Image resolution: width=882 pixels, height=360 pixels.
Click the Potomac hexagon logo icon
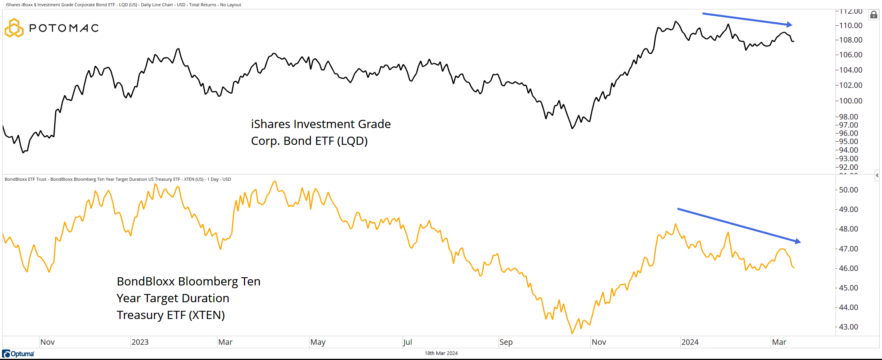click(14, 28)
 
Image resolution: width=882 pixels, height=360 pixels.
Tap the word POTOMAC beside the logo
click(64, 28)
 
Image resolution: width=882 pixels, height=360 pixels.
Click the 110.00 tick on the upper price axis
click(850, 25)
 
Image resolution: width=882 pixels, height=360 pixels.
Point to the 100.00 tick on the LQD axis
click(850, 101)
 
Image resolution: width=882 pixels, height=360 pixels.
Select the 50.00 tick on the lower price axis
click(848, 190)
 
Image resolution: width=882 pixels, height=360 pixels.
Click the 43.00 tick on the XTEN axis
click(848, 327)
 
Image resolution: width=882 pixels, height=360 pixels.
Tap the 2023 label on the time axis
click(140, 342)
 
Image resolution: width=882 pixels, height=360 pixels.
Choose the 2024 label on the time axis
click(690, 342)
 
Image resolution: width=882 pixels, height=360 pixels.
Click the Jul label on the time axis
click(407, 342)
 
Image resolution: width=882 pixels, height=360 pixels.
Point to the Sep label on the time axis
click(506, 342)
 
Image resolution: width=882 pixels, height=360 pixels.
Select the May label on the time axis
click(318, 342)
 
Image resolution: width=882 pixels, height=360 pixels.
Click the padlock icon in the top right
click(874, 15)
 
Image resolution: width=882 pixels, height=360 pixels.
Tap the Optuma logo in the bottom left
click(18, 354)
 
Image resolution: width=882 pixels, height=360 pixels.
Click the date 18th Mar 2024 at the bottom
click(441, 353)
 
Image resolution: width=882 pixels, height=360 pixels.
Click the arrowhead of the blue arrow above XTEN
click(798, 241)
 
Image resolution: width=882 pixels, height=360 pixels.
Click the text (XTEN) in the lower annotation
click(207, 315)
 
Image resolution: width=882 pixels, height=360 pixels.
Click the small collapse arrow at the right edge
click(877, 175)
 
